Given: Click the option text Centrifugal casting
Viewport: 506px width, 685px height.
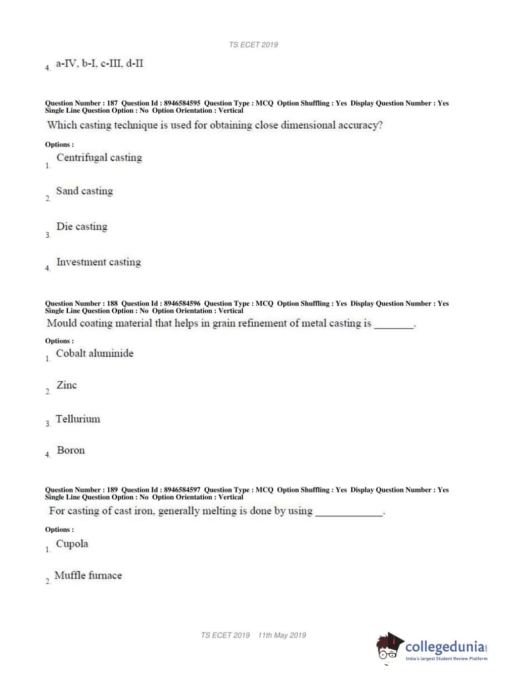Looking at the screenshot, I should [x=99, y=158].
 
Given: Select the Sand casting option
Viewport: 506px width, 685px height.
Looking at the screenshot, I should [x=84, y=191].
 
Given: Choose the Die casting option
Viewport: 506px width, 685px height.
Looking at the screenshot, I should [x=82, y=226].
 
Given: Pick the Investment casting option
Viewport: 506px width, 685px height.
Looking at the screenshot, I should [x=99, y=262].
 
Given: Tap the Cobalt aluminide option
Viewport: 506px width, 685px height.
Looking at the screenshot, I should [x=95, y=353].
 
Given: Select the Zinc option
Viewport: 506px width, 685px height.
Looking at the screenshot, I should [x=67, y=385].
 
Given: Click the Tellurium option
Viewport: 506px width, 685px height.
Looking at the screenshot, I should [x=78, y=419].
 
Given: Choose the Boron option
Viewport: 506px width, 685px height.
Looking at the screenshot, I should [x=71, y=450].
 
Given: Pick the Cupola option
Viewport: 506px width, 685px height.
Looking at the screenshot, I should [x=72, y=544].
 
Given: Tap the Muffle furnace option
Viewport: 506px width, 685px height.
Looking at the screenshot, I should [x=88, y=575].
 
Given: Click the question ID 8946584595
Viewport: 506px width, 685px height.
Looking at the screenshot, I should [x=182, y=103].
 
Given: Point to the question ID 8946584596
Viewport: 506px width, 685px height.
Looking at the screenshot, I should [x=182, y=304].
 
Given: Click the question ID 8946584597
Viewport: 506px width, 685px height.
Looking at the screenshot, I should [x=182, y=490].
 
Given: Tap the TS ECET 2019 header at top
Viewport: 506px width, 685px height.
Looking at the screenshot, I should [x=253, y=44].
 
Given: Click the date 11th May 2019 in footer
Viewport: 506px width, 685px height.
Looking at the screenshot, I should [x=282, y=635].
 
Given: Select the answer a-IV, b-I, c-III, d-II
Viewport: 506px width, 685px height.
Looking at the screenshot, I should [x=100, y=64].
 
